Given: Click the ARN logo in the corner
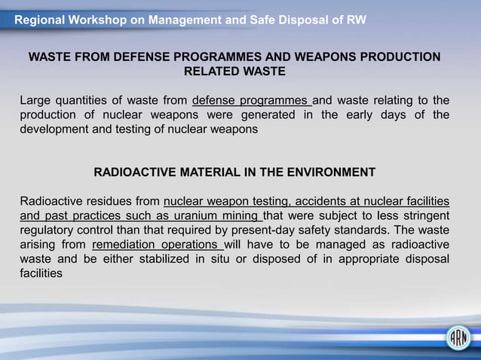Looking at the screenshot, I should (x=457, y=337).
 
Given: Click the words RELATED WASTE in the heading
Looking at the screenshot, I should (x=234, y=72).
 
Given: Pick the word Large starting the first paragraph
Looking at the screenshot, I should (x=35, y=101).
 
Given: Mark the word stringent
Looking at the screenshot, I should (x=426, y=216).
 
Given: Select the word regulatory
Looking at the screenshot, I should (x=46, y=230).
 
